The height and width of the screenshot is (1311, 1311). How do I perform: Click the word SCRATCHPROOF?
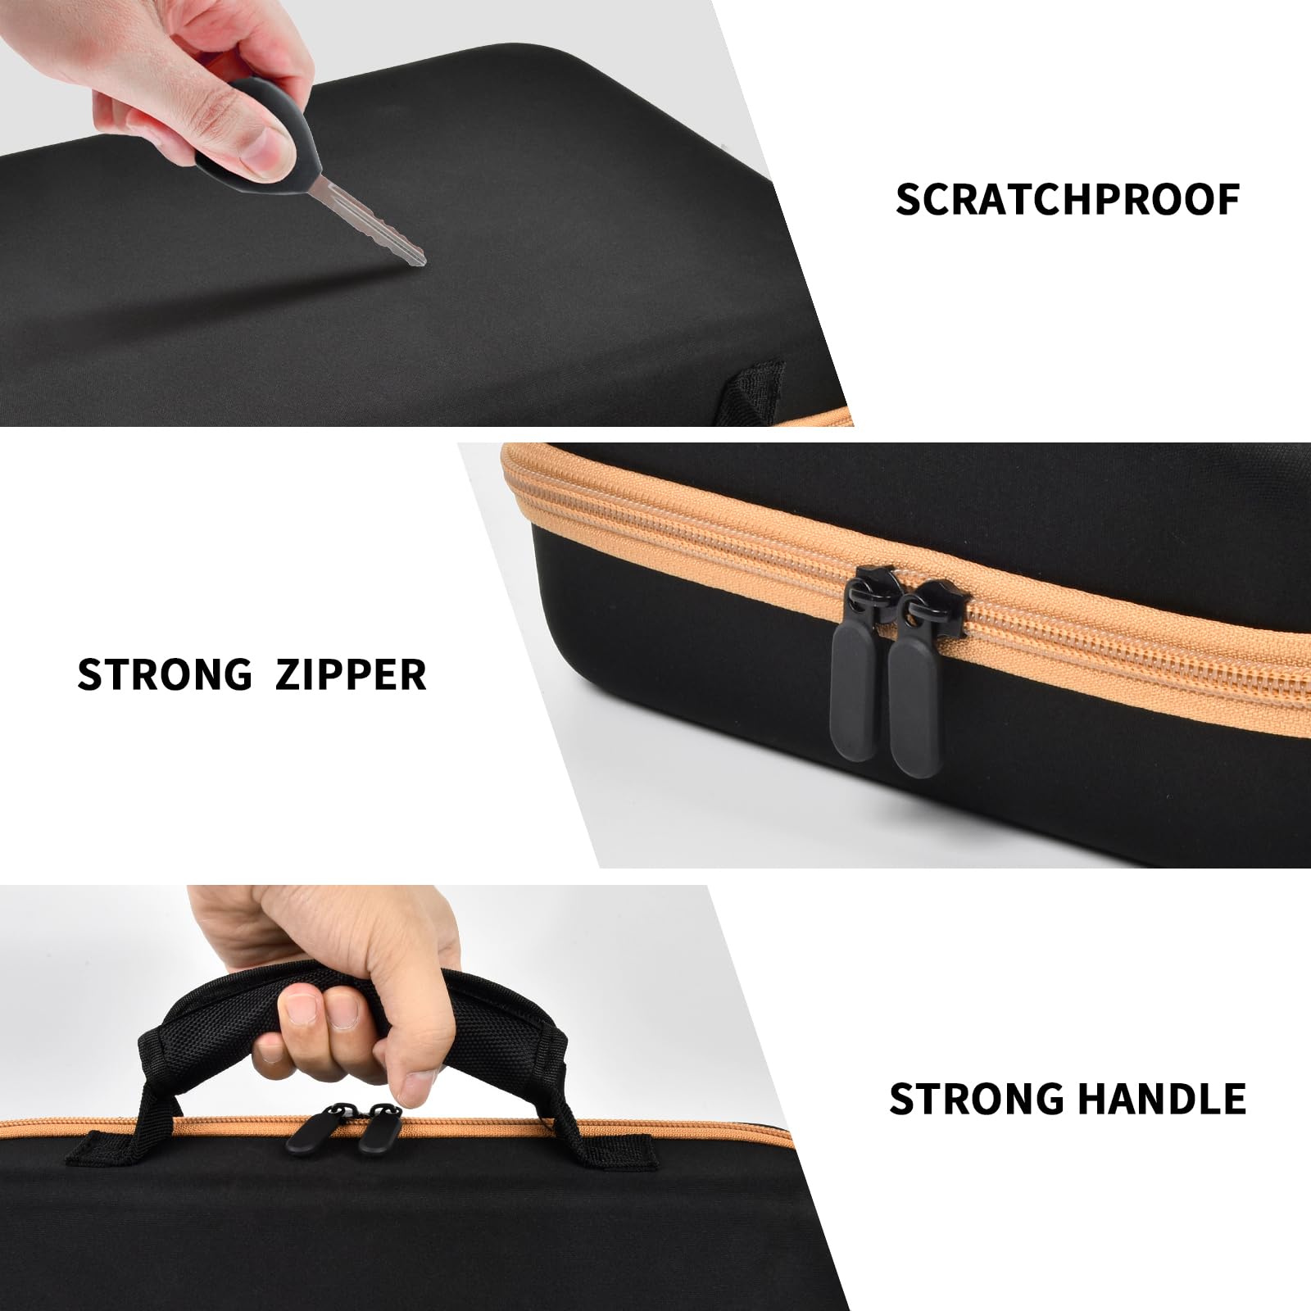(1068, 199)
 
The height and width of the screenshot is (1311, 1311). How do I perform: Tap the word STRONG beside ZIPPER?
(165, 674)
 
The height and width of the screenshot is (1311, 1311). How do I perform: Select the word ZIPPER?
(351, 674)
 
